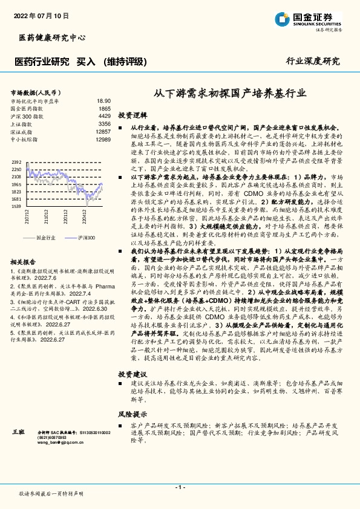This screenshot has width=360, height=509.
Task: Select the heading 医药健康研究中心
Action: (48, 38)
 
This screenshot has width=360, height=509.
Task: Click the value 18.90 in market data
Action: (103, 101)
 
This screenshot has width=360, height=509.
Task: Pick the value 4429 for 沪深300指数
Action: (105, 115)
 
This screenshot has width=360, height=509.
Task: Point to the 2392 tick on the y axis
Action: (16, 163)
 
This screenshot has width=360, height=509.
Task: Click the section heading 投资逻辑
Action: (132, 115)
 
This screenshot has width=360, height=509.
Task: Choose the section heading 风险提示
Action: (132, 414)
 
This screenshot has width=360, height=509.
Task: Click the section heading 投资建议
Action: (132, 373)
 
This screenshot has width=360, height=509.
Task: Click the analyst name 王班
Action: (18, 433)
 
